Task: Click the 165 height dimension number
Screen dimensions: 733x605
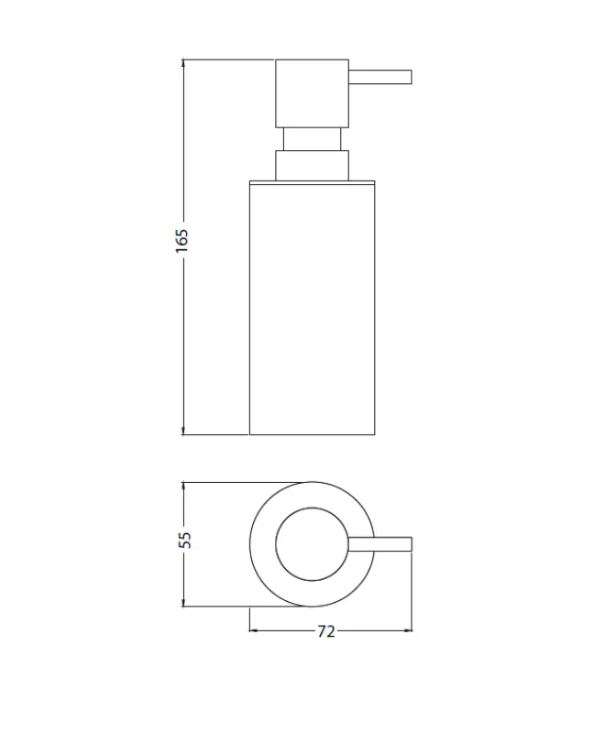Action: tap(181, 240)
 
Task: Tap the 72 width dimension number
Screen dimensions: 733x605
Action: tap(326, 631)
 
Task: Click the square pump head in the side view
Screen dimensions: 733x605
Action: tap(313, 93)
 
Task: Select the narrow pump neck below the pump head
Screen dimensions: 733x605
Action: tap(313, 139)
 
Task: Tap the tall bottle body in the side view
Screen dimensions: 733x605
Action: tap(313, 307)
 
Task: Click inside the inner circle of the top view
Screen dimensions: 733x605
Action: tap(313, 543)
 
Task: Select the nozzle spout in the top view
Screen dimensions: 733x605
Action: tap(385, 543)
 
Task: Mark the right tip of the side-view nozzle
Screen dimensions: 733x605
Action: tap(414, 76)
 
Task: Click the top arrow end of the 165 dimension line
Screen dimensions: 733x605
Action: tap(183, 61)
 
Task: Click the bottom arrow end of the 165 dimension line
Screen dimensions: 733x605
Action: tap(183, 433)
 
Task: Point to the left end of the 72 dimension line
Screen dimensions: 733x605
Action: tap(250, 631)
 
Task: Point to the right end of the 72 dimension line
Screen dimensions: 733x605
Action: tap(413, 631)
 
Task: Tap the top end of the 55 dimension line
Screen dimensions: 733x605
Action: tap(183, 482)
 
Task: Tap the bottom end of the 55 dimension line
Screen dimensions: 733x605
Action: tap(183, 606)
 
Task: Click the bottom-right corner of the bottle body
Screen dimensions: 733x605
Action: tap(375, 434)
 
